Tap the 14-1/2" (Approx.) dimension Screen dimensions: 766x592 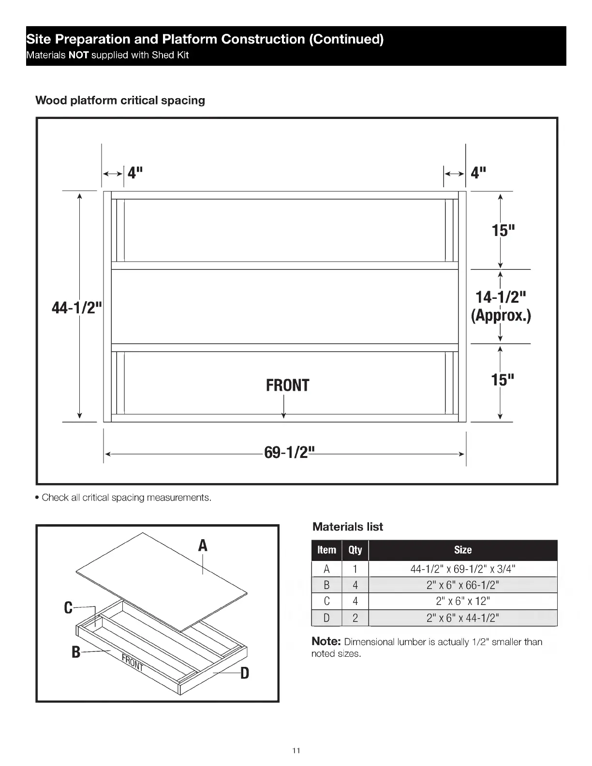501,306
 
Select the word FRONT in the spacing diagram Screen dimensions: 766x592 287,385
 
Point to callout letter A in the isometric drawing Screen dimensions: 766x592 203,545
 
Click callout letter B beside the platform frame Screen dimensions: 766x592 76,652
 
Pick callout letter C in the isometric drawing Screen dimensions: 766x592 69,608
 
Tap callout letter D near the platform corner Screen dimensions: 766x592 245,673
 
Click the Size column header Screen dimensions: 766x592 462,550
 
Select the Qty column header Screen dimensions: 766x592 355,550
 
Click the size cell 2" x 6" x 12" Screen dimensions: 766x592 462,601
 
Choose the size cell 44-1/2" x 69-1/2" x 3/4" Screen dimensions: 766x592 462,569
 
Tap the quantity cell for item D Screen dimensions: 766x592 355,618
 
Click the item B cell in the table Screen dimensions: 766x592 326,585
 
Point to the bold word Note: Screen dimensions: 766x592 326,641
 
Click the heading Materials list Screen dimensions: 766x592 348,527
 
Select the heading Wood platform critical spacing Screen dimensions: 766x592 120,101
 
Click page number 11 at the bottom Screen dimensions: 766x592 296,751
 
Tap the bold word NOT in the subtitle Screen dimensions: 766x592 79,55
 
